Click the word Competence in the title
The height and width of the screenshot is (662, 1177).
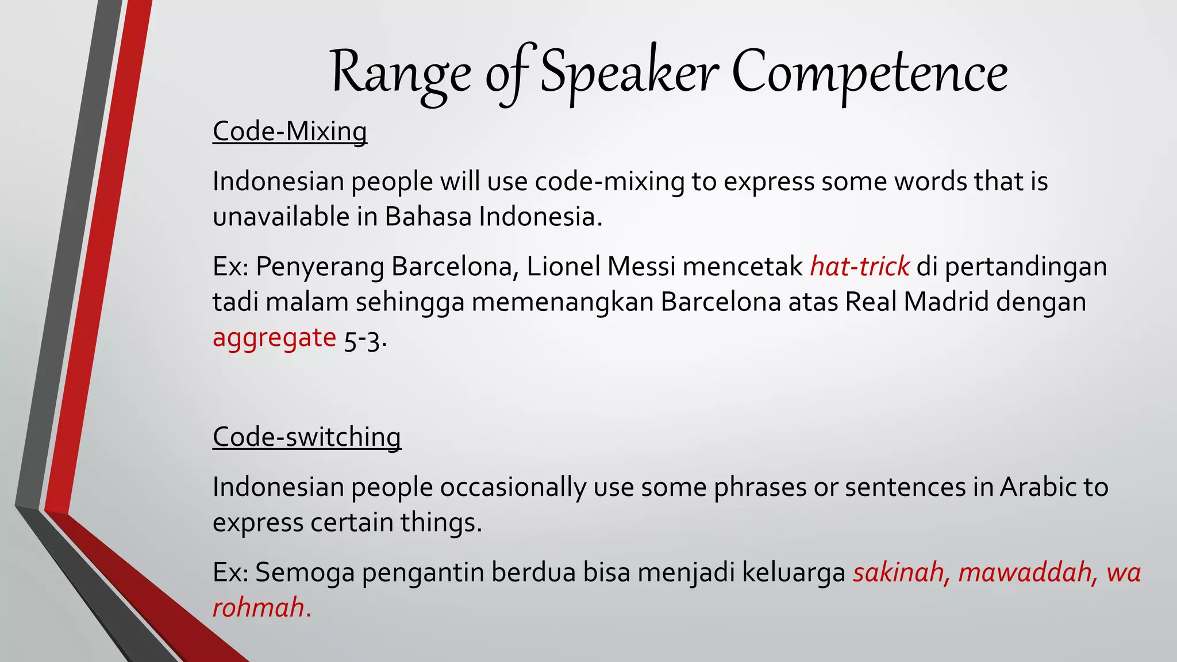tap(869, 74)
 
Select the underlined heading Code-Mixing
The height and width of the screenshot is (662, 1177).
tap(290, 132)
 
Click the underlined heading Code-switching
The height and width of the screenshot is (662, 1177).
tap(306, 437)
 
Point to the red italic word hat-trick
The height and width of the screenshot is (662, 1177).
tap(860, 267)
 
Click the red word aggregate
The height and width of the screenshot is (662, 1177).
tap(274, 338)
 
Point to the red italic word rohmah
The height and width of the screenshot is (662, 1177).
tap(259, 608)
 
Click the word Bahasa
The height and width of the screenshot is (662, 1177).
tap(428, 217)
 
